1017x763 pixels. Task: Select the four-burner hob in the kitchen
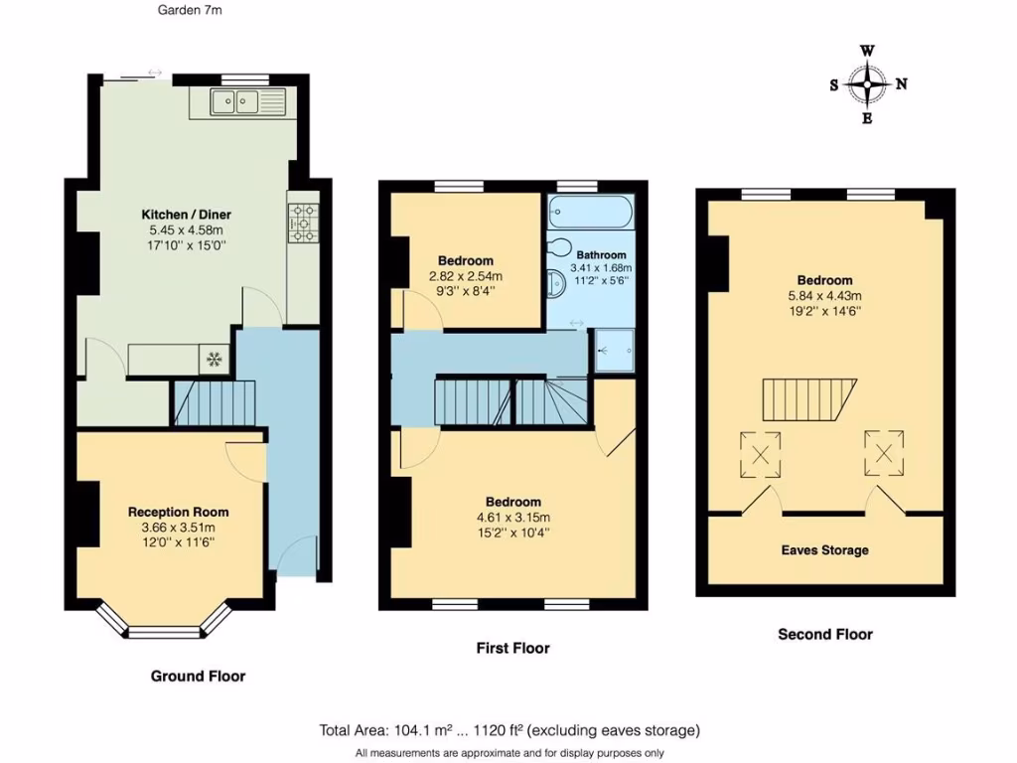(x=301, y=224)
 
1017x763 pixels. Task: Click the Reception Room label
(x=171, y=512)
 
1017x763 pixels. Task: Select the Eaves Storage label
(x=824, y=550)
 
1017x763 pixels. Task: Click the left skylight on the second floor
(x=760, y=455)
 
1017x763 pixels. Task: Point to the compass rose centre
(x=868, y=85)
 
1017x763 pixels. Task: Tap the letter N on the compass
(x=902, y=84)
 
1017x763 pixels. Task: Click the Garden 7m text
(x=190, y=12)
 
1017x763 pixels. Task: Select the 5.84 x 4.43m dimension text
(x=823, y=295)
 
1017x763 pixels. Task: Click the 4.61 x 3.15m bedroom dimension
(x=513, y=517)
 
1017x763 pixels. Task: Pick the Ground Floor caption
(x=198, y=676)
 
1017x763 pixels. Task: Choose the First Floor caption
(x=513, y=648)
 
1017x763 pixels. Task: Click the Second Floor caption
(x=824, y=634)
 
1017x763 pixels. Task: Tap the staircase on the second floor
(x=808, y=399)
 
